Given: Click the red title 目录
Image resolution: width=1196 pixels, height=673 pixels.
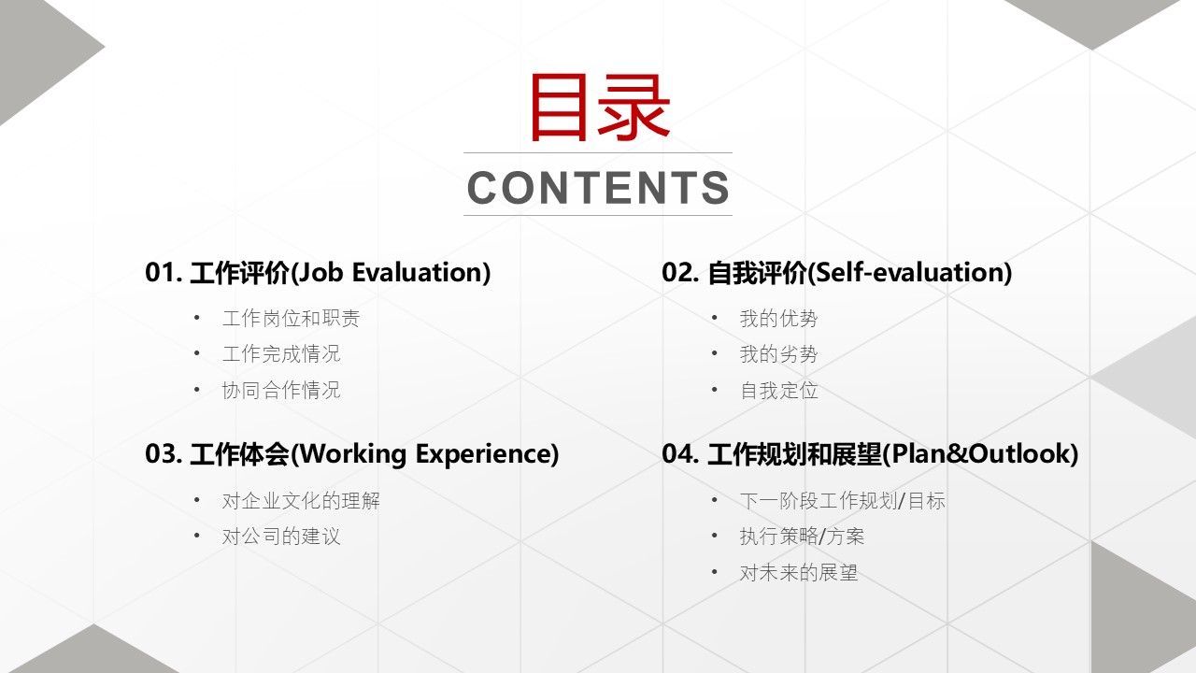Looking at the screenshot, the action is point(600,107).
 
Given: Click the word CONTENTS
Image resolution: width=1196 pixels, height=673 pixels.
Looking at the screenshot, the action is point(598,188).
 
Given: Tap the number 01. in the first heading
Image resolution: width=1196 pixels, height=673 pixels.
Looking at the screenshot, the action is point(164,272).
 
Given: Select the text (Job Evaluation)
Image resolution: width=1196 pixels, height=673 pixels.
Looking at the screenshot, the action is point(390,272).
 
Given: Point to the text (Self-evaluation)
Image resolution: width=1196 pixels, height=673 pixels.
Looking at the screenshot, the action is point(909,272).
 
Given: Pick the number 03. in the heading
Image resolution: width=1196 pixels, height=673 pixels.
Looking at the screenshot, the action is point(164,454).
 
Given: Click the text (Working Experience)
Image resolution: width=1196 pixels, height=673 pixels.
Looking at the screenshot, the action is point(424,454).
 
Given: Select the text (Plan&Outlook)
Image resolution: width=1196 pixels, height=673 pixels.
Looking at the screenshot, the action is point(980,454).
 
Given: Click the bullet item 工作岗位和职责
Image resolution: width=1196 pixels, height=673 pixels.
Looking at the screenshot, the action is point(291,319).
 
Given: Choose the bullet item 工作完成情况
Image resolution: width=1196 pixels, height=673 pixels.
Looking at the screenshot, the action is point(281,353).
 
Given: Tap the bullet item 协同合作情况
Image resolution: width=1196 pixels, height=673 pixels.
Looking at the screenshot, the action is point(281,390).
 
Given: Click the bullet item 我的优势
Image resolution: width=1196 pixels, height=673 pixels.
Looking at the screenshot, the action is point(778,319).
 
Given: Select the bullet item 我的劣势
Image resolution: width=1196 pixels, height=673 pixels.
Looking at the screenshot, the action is point(778,353).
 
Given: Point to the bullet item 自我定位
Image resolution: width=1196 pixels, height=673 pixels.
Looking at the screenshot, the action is point(778,390).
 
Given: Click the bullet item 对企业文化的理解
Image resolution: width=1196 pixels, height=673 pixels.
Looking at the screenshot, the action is point(301,501).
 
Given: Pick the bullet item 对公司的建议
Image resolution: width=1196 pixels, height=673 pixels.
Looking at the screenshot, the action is point(281,537).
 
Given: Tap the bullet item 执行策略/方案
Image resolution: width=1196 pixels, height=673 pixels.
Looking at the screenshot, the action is point(802,537).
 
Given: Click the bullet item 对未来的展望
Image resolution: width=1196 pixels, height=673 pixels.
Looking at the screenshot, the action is point(799,573).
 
